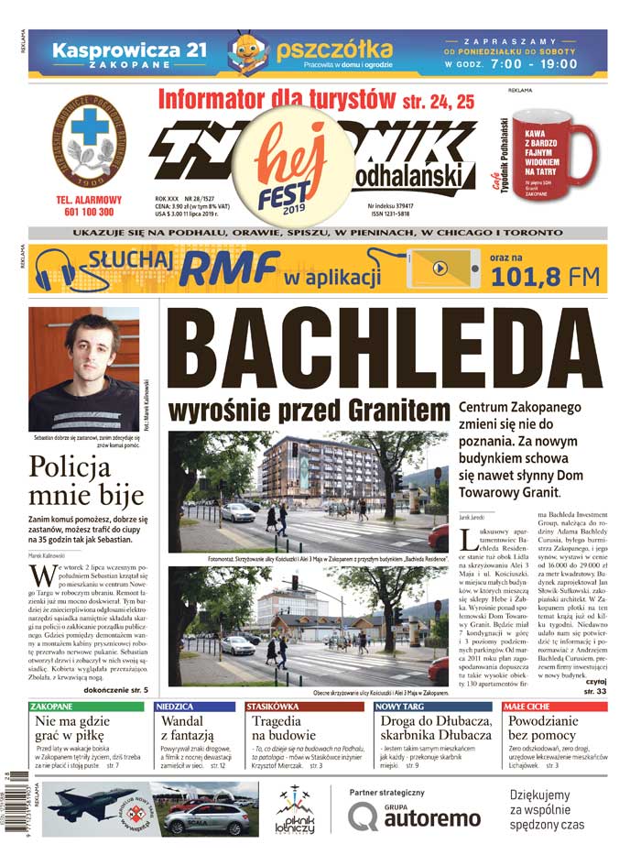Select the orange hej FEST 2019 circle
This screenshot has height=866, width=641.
(284, 165)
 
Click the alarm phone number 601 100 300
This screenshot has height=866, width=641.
(84, 213)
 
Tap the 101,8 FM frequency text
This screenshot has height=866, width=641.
(546, 276)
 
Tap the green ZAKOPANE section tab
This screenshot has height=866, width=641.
(52, 707)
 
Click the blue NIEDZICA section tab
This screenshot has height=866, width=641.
(175, 707)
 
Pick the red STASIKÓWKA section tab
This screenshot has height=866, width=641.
(274, 707)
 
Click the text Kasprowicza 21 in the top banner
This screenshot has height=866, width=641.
(129, 50)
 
